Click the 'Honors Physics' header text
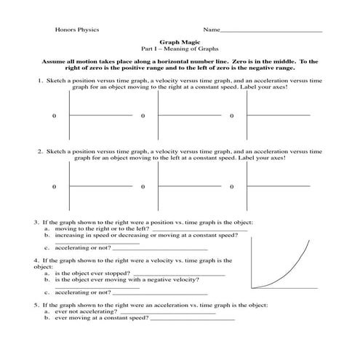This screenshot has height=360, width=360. pos(77,30)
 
